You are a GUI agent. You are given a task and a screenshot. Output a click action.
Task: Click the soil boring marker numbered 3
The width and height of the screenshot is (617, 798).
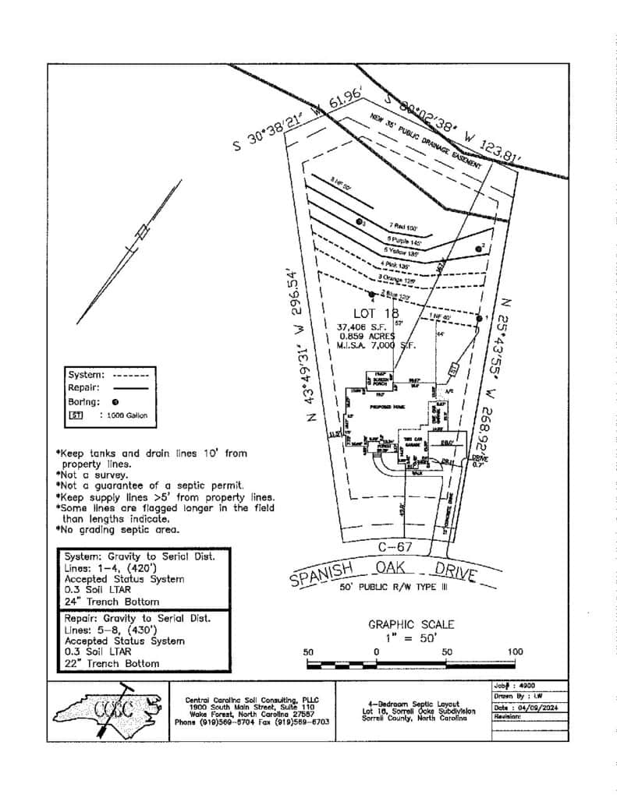tap(359, 222)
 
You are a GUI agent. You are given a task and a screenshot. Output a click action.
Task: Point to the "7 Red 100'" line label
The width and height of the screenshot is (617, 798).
tap(403, 228)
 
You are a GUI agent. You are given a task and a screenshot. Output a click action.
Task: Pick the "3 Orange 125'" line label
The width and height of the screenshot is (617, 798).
tap(394, 277)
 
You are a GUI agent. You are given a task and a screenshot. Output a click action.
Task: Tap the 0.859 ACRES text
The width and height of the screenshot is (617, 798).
tap(366, 336)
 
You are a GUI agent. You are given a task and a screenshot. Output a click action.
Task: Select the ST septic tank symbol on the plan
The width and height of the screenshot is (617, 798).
tap(452, 366)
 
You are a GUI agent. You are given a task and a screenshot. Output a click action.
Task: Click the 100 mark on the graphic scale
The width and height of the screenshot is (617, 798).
tap(515, 651)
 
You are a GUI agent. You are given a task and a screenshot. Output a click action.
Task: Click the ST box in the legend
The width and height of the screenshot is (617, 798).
tap(77, 416)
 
